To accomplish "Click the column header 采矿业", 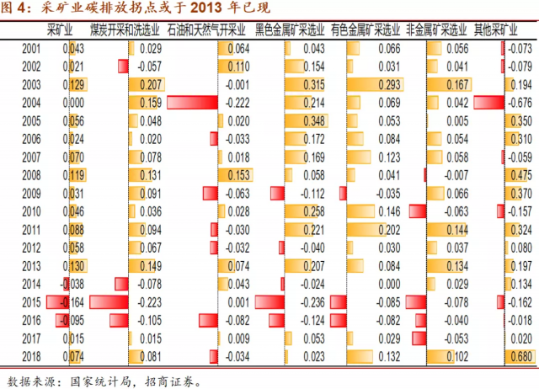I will coord(61,29).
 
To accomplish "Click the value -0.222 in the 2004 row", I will coord(237,103).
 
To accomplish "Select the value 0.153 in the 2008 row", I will coord(238,175).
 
